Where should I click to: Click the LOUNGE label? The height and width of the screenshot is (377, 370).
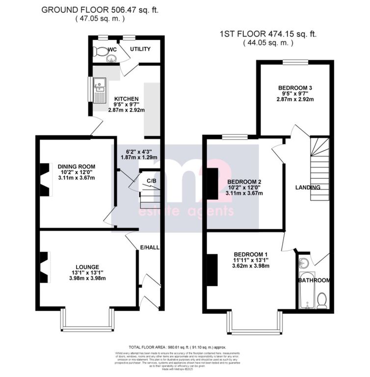tap(87, 267)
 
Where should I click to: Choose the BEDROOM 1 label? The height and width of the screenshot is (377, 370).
tap(251, 254)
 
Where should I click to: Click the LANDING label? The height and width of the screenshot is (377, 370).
tap(308, 188)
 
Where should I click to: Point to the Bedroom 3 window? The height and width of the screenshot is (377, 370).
tap(294, 62)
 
